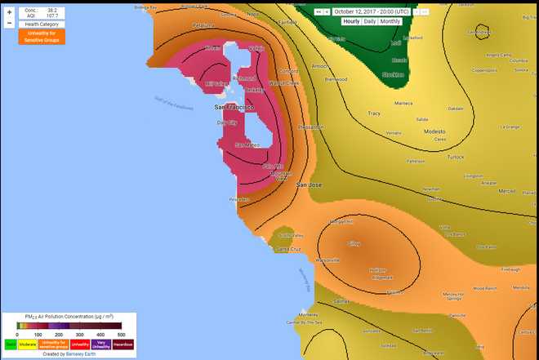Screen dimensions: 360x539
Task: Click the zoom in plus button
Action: [x=9, y=12]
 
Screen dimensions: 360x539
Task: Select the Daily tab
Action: [x=370, y=21]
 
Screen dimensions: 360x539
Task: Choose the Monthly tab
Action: [x=390, y=21]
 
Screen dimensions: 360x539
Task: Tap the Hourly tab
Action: [x=351, y=21]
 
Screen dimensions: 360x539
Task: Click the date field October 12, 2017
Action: [x=372, y=11]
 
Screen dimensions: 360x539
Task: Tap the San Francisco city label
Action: [x=235, y=107]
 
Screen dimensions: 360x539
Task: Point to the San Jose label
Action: [x=309, y=185]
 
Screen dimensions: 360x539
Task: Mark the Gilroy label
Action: [x=354, y=243]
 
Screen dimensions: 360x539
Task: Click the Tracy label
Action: [x=374, y=113]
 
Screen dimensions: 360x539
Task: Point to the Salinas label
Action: [x=341, y=300]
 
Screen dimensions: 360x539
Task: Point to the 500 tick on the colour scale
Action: [x=121, y=335]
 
